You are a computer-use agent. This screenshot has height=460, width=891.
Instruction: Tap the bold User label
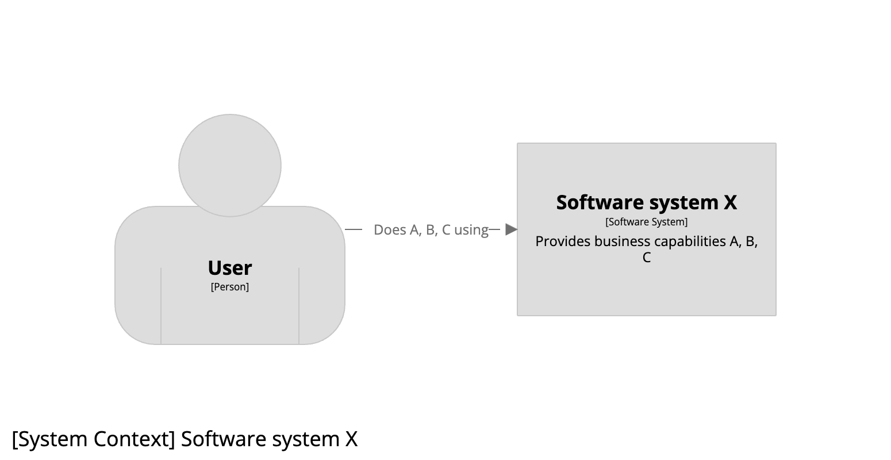[x=230, y=268]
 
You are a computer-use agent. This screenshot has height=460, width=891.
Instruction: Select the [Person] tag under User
[x=230, y=287]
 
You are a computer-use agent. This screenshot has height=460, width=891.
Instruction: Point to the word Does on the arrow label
[x=389, y=230]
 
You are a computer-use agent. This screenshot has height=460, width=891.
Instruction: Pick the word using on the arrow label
[x=471, y=230]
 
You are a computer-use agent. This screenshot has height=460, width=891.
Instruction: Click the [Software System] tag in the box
[x=647, y=222]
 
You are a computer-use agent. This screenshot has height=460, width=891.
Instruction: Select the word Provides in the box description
[x=563, y=241]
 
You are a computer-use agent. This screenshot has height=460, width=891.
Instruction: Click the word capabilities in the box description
[x=690, y=241]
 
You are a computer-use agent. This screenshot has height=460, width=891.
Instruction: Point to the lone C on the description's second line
[x=647, y=258]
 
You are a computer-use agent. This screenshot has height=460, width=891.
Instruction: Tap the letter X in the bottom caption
[x=351, y=439]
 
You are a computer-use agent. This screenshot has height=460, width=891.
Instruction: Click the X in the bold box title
[x=730, y=202]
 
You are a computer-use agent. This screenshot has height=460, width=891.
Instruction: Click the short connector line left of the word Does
[x=354, y=229]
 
